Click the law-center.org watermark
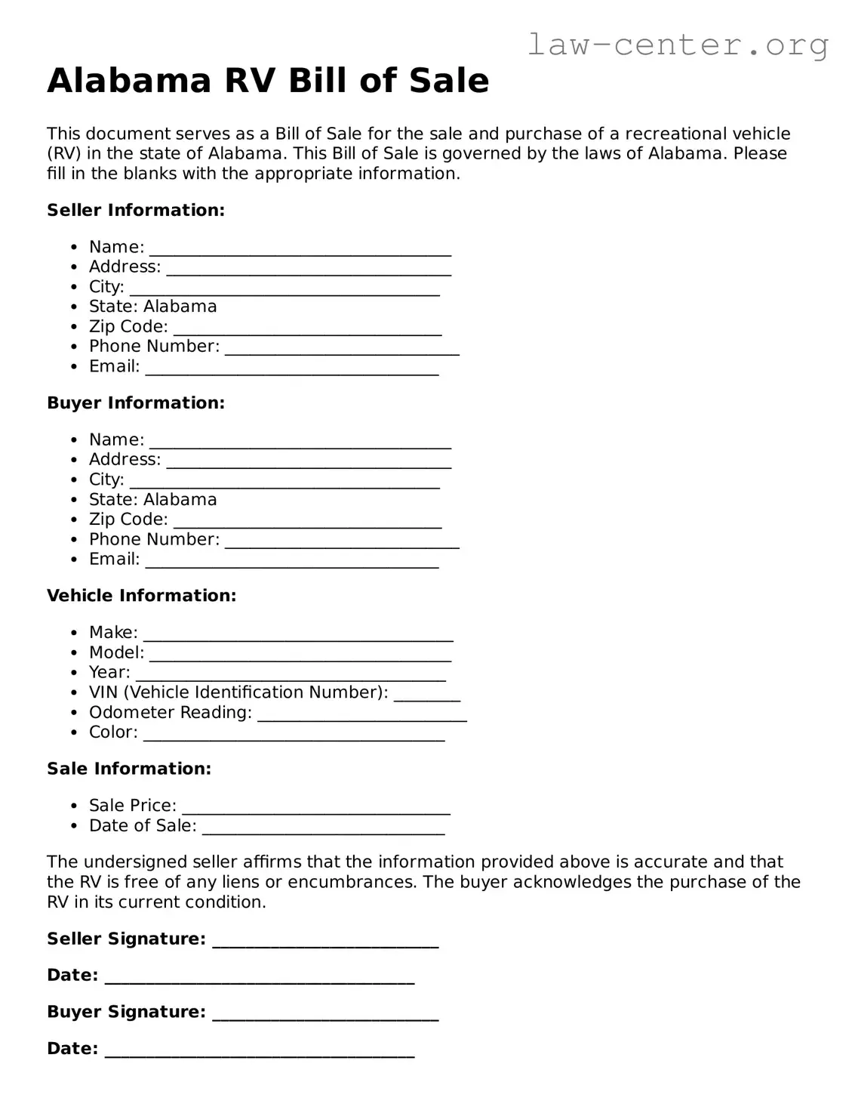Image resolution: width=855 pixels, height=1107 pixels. click(677, 45)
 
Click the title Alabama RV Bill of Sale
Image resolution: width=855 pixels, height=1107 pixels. click(268, 81)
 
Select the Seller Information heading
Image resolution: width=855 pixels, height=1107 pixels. click(136, 210)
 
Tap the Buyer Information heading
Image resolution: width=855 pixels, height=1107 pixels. click(136, 403)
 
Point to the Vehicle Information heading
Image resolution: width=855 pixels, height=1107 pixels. click(141, 596)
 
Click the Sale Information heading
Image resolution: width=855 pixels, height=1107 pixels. click(129, 769)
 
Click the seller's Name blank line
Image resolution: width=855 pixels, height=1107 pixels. click(300, 251)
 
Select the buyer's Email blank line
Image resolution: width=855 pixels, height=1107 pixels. click(292, 563)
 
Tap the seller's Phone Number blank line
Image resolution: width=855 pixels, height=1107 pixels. click(342, 350)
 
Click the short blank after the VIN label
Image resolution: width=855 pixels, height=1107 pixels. click(427, 696)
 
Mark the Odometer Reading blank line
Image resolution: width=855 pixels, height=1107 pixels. click(362, 716)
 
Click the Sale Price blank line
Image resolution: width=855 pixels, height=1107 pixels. click(316, 809)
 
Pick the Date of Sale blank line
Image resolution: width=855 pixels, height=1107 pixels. click(324, 829)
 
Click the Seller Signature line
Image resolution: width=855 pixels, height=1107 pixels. click(325, 942)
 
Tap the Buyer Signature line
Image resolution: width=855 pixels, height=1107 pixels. click(325, 1016)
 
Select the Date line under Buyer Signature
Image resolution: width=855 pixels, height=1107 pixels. click(260, 1053)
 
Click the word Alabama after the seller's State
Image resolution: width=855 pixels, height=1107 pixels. click(180, 307)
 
